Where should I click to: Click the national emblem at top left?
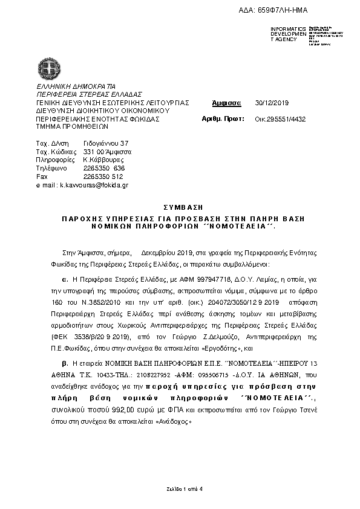pos(47,66)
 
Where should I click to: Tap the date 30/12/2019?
pos(272,103)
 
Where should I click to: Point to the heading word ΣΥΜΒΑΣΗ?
pos(179,207)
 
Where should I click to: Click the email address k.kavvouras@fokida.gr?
pos(94,184)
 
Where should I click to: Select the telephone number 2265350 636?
pos(103,167)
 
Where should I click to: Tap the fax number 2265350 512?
pos(103,176)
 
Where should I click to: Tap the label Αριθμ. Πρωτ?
pos(220,119)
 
